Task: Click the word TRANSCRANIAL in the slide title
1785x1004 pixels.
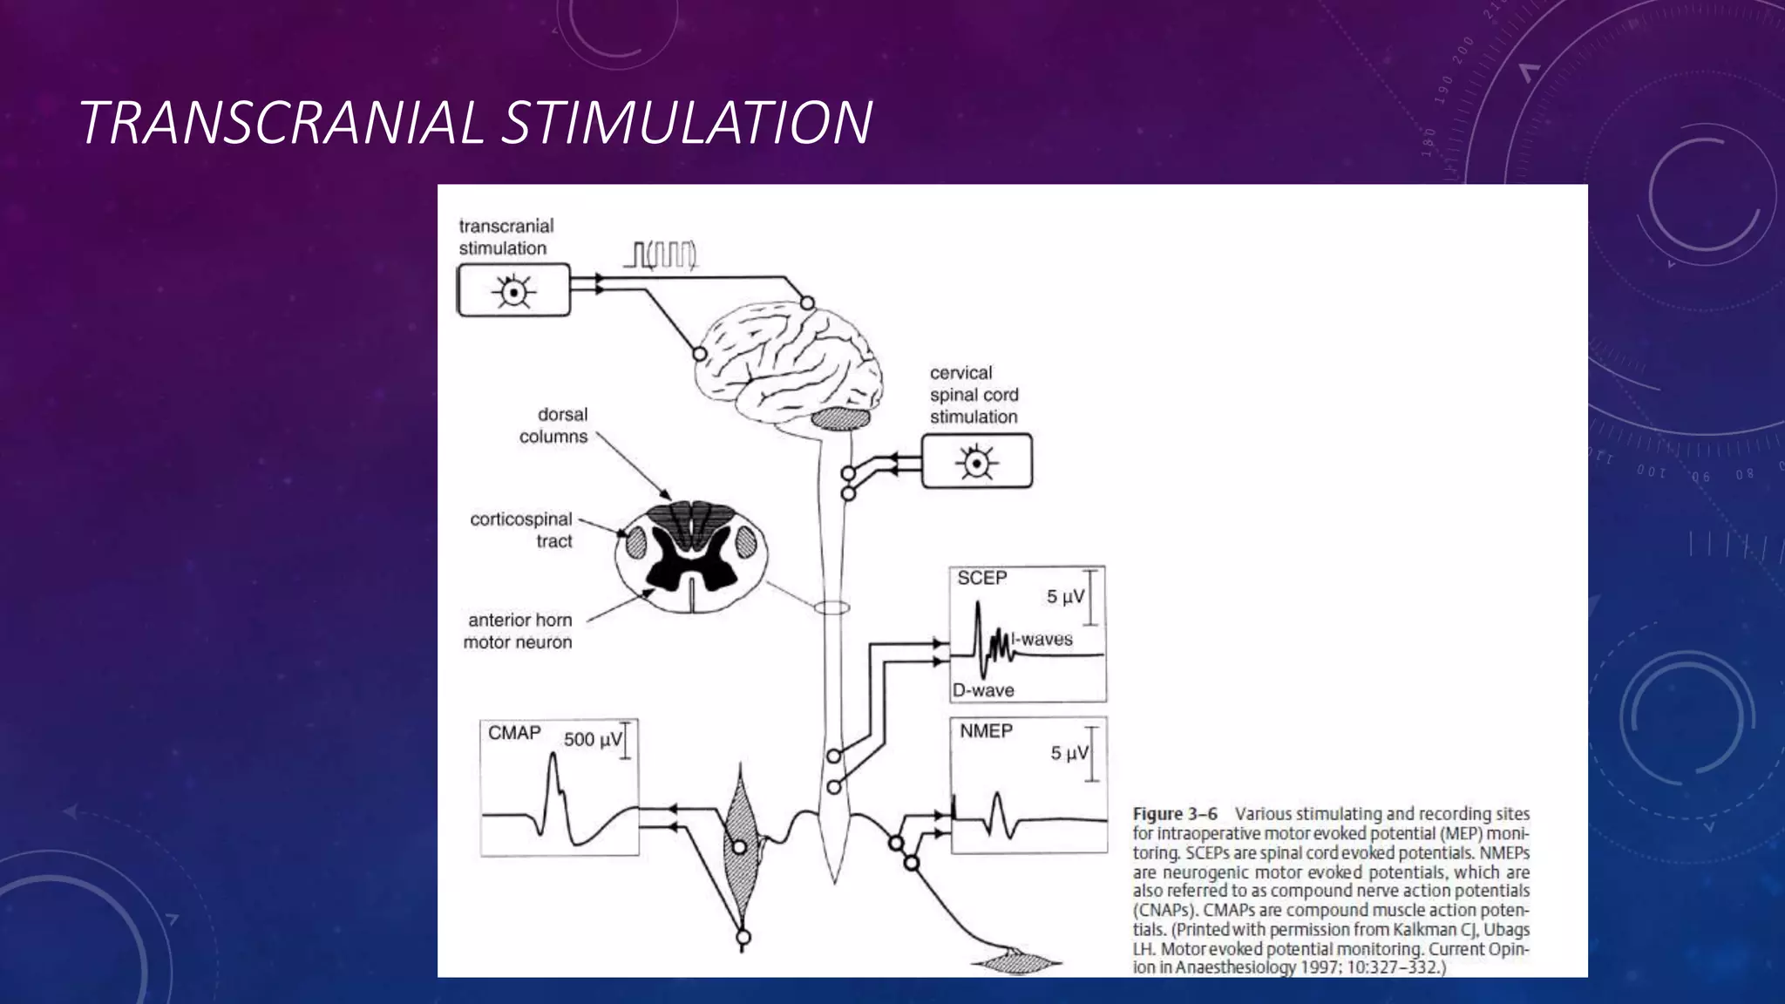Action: pyautogui.click(x=282, y=122)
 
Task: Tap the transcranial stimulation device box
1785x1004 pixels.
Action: pyautogui.click(x=513, y=291)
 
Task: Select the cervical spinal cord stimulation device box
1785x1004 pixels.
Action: pyautogui.click(x=976, y=461)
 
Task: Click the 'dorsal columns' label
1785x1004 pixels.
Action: pyautogui.click(x=553, y=425)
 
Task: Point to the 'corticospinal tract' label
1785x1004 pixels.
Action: pyautogui.click(x=521, y=530)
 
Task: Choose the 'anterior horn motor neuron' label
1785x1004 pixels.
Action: pyautogui.click(x=519, y=631)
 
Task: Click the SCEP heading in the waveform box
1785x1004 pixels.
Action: pyautogui.click(x=981, y=578)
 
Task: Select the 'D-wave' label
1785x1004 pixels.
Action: pyautogui.click(x=983, y=690)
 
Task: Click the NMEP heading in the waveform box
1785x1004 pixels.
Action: pyautogui.click(x=986, y=731)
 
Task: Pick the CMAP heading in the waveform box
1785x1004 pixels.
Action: pyautogui.click(x=514, y=733)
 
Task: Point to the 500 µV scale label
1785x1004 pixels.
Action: pyautogui.click(x=593, y=740)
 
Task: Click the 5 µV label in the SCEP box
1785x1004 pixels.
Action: pyautogui.click(x=1065, y=597)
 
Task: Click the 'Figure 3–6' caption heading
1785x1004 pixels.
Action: pyautogui.click(x=1175, y=814)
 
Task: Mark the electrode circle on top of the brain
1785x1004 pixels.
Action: pyautogui.click(x=808, y=302)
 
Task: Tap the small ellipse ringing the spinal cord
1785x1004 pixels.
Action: pyautogui.click(x=832, y=607)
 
